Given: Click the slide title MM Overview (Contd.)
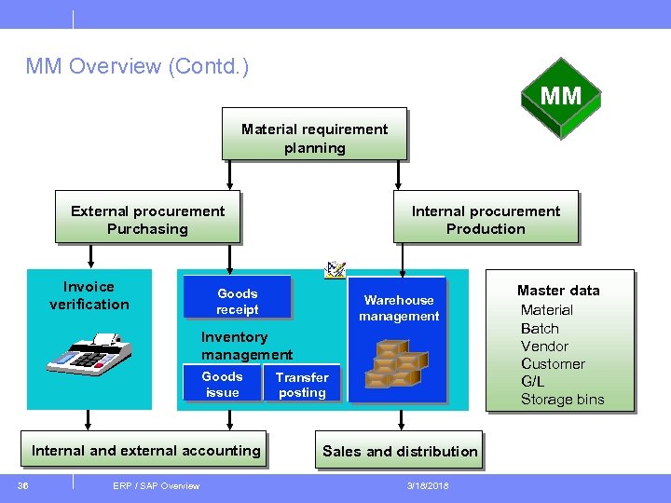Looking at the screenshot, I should tap(137, 67).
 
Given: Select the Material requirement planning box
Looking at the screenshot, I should tap(314, 138).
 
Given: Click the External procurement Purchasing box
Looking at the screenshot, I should tap(147, 220).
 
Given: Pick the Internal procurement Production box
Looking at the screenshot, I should tap(485, 220).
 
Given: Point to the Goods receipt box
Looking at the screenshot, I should tap(237, 301).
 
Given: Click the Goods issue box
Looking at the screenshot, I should tap(222, 385).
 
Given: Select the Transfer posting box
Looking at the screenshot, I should tap(301, 385).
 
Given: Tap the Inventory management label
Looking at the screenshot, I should tap(246, 346).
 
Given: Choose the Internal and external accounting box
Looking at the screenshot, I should tap(146, 451).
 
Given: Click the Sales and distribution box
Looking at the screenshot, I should tap(400, 451).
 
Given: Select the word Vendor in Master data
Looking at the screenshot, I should tap(544, 346).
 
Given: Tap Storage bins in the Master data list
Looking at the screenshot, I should tap(562, 400).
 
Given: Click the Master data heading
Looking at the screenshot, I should tap(558, 291).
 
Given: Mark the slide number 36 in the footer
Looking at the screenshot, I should tap(24, 485).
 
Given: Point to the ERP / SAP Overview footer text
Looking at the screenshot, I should tap(156, 485).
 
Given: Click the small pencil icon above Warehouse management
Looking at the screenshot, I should tap(335, 270).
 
